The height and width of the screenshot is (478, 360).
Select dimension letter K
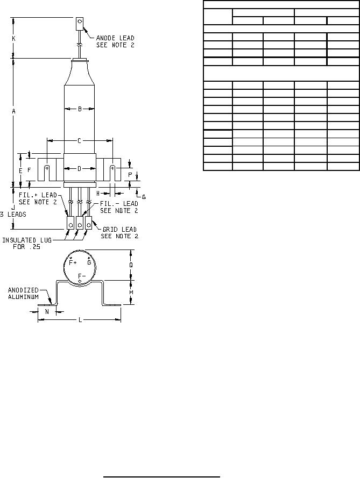(14, 39)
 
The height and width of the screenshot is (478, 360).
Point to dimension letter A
(14, 111)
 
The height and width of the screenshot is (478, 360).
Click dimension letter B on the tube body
(80, 109)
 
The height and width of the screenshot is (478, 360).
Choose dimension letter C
(79, 140)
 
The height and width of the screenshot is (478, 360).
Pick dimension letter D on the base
(79, 169)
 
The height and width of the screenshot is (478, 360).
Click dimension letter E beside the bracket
(21, 171)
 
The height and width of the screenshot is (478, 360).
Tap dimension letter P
(130, 175)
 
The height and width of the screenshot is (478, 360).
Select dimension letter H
(98, 194)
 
